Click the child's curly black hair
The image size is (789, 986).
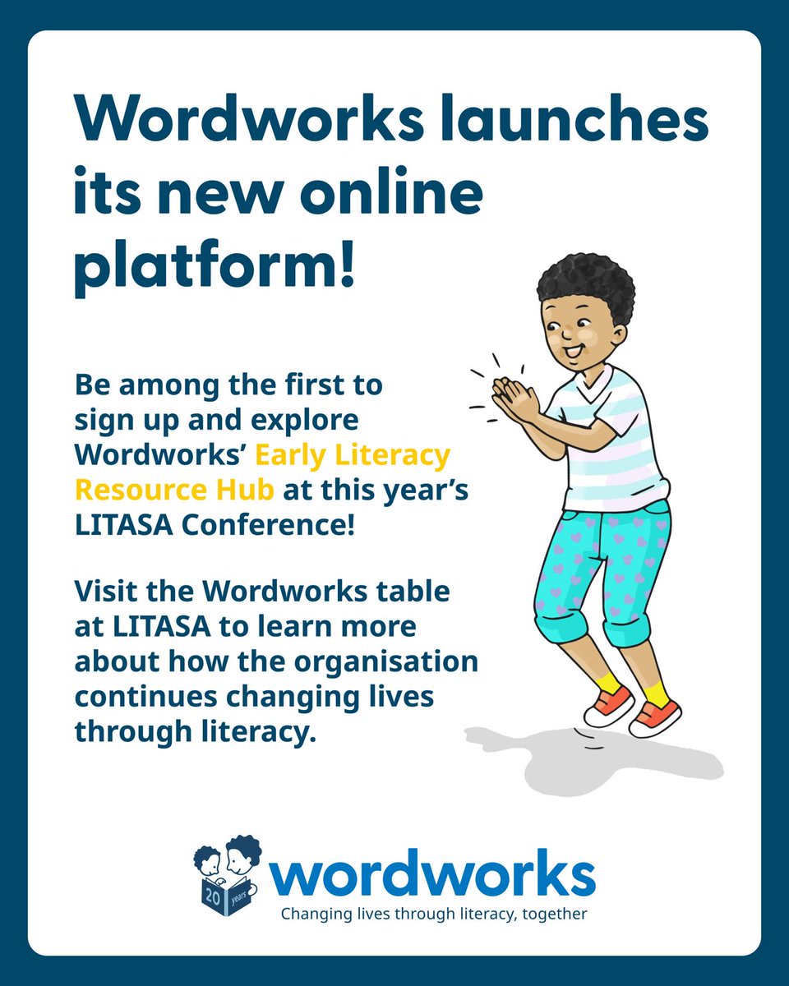tap(587, 284)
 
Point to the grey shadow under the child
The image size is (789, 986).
tap(592, 760)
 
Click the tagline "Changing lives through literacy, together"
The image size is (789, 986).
tap(434, 914)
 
